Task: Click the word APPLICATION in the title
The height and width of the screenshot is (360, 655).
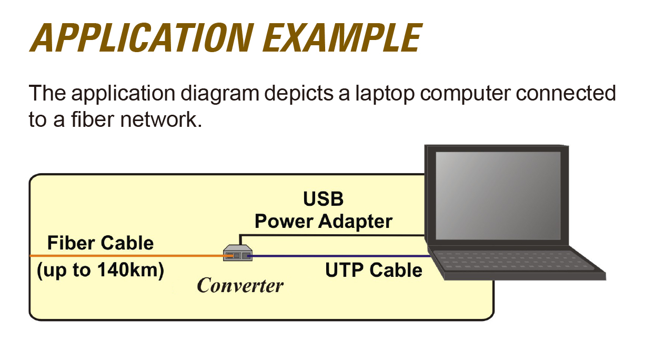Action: click(142, 38)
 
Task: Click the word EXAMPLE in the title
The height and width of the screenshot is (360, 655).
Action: click(342, 38)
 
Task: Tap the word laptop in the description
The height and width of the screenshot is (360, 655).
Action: click(385, 94)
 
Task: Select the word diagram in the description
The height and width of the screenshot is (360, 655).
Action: click(220, 94)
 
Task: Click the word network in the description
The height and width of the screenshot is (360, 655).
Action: click(161, 119)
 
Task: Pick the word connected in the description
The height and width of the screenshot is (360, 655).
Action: click(566, 93)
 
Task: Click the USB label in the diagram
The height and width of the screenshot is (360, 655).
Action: click(323, 199)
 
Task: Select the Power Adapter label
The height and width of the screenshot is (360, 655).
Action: click(324, 222)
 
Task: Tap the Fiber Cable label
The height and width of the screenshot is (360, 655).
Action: click(100, 243)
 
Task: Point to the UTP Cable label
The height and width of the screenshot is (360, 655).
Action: click(374, 269)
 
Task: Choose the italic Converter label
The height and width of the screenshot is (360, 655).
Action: click(240, 285)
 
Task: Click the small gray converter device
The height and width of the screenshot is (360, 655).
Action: click(238, 253)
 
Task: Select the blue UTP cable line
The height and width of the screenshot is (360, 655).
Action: click(339, 256)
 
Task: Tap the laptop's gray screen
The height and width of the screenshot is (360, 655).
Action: click(498, 195)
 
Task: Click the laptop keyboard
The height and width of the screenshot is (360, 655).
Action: click(512, 261)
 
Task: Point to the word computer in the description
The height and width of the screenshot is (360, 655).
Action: click(465, 94)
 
